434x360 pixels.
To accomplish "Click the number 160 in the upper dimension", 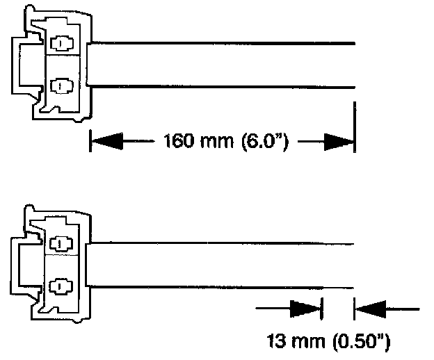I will (x=177, y=142).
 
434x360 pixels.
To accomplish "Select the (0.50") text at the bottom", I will (x=357, y=341).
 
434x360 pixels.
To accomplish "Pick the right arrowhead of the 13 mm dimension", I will (x=369, y=306).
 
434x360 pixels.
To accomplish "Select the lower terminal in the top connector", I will (x=61, y=86).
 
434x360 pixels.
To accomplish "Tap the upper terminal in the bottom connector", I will (x=61, y=244).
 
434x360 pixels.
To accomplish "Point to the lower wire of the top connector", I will (x=223, y=87).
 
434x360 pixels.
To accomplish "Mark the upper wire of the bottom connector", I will (x=223, y=243).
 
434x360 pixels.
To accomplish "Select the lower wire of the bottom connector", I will (x=223, y=286).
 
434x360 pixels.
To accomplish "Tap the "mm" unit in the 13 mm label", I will (x=308, y=342).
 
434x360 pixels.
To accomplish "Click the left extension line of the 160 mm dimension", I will (x=90, y=140).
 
